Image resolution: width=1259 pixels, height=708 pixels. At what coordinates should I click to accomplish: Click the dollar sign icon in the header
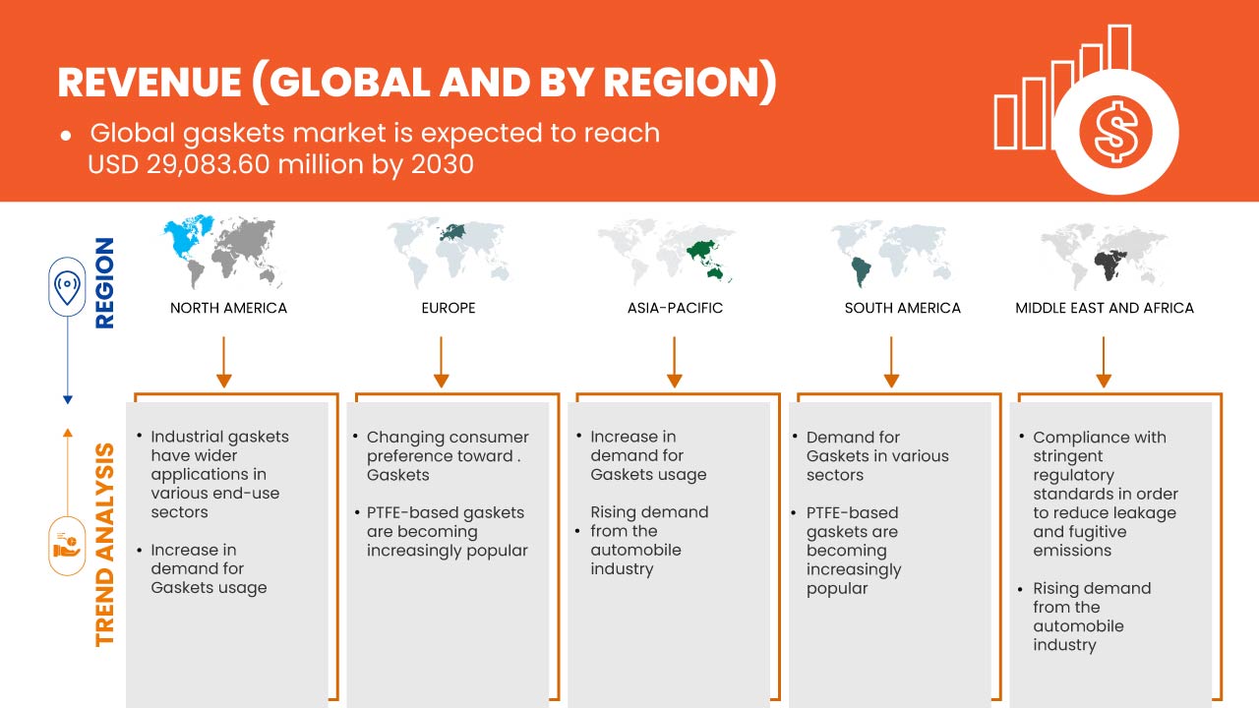1115,133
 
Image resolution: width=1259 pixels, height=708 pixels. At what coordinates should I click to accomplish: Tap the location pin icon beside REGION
67,286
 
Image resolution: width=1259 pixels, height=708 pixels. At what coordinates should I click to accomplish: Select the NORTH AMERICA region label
229,308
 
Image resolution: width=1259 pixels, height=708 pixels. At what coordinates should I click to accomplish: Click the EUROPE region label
449,308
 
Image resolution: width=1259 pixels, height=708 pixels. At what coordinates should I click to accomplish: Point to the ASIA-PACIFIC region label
675,308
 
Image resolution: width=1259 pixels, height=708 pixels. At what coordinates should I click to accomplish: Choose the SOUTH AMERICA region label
903,308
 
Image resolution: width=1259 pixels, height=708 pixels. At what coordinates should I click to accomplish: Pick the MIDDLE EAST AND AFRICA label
1105,308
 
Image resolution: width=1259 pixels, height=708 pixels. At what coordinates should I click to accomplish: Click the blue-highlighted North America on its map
188,237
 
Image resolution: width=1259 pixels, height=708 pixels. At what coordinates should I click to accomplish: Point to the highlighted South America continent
861,272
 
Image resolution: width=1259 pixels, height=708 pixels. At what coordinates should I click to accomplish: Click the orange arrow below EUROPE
442,362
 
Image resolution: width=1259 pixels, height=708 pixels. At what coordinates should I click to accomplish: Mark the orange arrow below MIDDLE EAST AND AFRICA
1104,362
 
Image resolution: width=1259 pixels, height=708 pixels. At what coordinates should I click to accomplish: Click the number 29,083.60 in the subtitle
208,164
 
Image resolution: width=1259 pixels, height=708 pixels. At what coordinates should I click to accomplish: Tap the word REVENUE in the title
150,84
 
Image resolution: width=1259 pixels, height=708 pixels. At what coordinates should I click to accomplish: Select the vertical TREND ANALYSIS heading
104,545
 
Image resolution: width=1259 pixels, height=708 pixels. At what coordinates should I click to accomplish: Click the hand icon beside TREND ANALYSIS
67,546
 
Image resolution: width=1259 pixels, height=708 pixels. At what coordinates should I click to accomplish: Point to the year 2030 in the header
443,164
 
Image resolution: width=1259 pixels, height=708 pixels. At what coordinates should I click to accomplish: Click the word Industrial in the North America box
186,437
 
